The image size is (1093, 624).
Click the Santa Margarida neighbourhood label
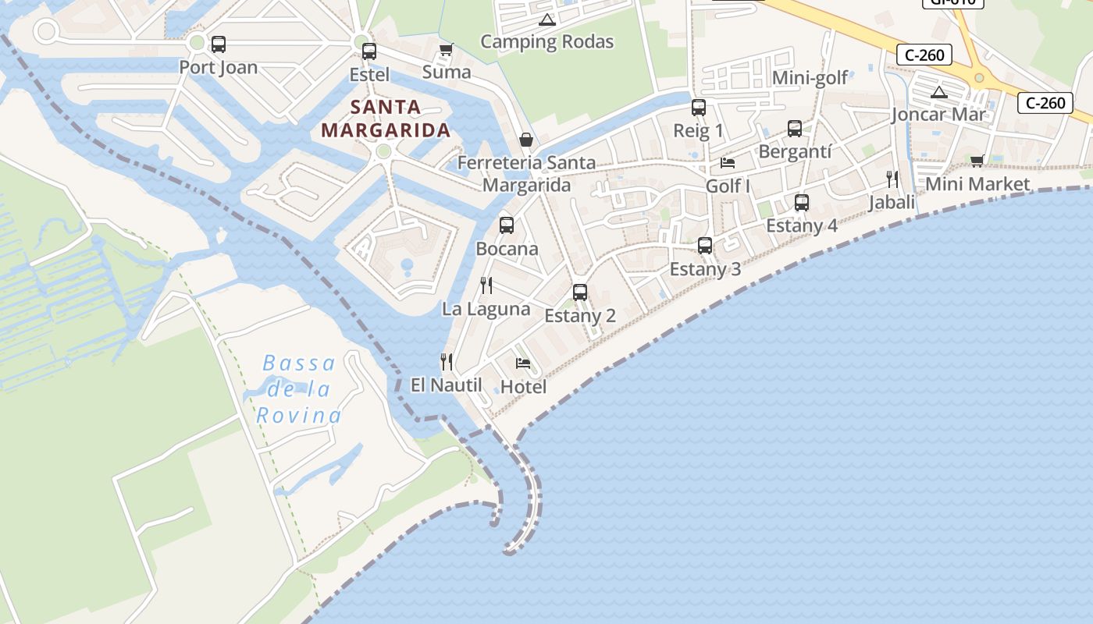click(x=386, y=119)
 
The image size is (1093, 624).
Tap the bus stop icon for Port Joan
click(x=219, y=44)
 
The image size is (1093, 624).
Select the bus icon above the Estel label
click(x=368, y=51)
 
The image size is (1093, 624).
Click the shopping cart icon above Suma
click(x=446, y=50)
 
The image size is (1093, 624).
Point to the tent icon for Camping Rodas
click(x=546, y=19)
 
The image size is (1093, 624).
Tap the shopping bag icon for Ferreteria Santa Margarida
click(x=526, y=140)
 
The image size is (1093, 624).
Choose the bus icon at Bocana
click(x=507, y=225)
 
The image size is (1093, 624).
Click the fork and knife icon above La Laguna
click(x=486, y=285)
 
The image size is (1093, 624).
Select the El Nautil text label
click(x=446, y=385)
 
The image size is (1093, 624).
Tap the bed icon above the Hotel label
click(x=523, y=363)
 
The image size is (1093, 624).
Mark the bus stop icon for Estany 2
click(x=579, y=292)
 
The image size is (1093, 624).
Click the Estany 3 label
click(x=705, y=269)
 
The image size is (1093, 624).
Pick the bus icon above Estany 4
click(x=801, y=203)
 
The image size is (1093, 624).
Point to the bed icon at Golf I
click(x=728, y=163)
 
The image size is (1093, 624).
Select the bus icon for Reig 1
click(x=698, y=108)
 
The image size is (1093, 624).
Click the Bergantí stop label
click(x=795, y=151)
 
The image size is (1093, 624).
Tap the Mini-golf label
click(x=810, y=78)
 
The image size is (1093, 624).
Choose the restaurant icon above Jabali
click(x=892, y=179)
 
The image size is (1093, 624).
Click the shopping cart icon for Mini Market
click(x=977, y=161)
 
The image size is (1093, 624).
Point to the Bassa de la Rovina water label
click(x=298, y=388)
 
